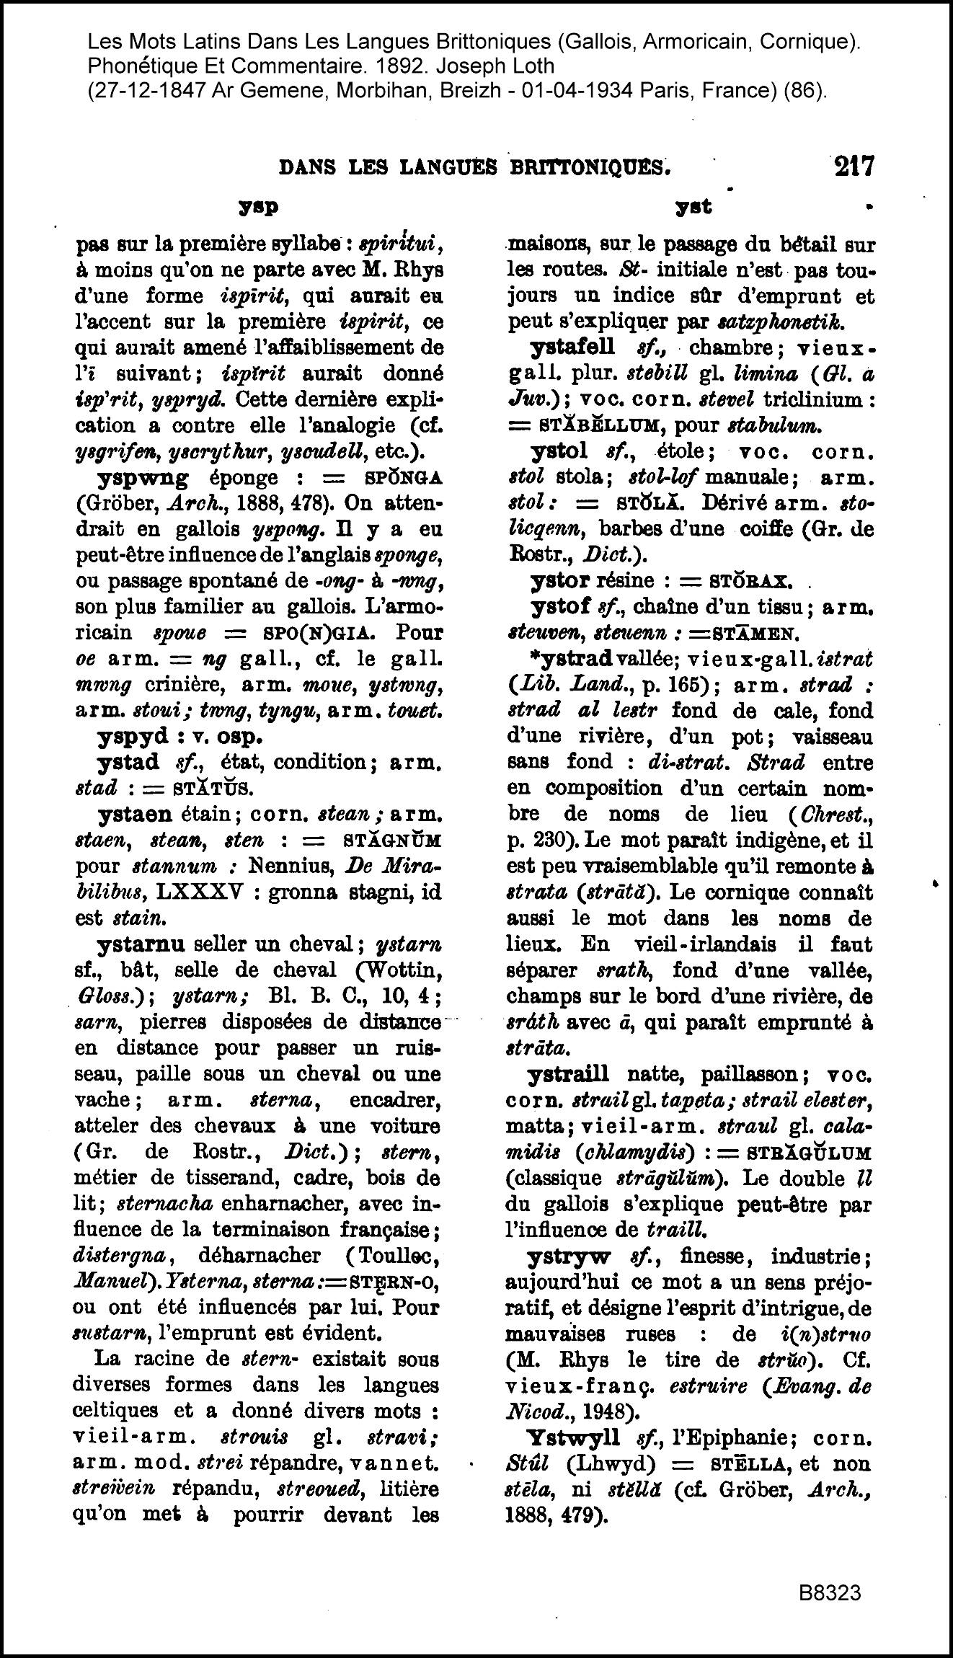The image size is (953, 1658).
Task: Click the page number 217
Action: tap(854, 167)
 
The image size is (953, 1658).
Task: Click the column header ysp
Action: tap(259, 207)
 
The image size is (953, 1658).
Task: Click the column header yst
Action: tap(693, 207)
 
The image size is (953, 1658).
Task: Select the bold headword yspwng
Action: tap(143, 478)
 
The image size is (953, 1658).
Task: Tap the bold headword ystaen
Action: tap(135, 815)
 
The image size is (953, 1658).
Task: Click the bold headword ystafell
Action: tap(572, 347)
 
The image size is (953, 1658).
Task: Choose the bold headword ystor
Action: tap(556, 580)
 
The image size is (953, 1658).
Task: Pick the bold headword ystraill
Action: tap(568, 1074)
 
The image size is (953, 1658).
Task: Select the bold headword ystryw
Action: tap(569, 1256)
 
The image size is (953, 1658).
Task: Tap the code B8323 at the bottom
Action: tap(829, 1592)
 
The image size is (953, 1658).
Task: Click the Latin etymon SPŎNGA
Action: tap(404, 479)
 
